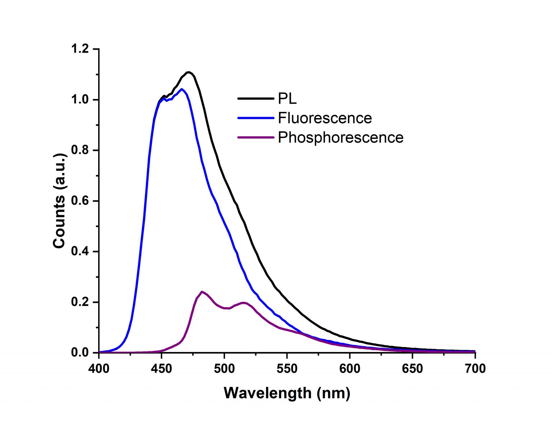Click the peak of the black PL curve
188,72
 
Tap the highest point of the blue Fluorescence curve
181,89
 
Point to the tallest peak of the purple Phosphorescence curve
202,292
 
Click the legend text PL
287,99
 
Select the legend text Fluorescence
325,118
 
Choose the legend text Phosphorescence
340,138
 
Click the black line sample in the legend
256,98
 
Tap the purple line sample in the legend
256,137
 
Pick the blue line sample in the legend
256,118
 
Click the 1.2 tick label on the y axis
80,49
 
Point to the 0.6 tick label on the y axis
80,201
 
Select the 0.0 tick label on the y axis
80,352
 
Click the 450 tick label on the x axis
161,369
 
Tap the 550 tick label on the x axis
287,369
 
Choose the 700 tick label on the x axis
475,369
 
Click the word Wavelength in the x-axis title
267,393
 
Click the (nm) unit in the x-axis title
333,393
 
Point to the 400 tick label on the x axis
99,369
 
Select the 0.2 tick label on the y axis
80,302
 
